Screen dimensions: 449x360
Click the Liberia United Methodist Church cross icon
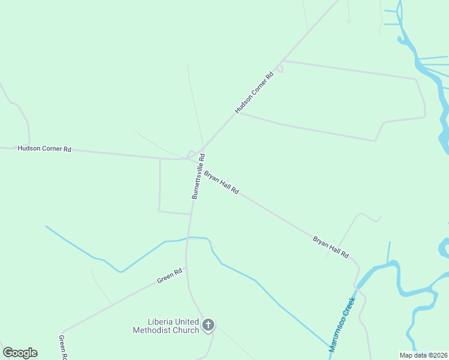[x=208, y=326]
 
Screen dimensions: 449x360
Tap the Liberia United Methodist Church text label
[x=165, y=326]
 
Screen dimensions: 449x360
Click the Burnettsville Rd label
[x=199, y=176]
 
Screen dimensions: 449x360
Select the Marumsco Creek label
[x=342, y=320]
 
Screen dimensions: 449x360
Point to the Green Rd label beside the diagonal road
[x=169, y=276]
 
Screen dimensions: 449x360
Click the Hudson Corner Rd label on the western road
[x=44, y=148]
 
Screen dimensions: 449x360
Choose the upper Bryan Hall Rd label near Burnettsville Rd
[x=221, y=182]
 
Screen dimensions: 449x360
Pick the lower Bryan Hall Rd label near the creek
[x=331, y=247]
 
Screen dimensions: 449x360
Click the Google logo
[x=20, y=353]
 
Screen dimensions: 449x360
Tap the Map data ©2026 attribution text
[x=424, y=355]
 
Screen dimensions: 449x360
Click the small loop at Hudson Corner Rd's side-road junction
[x=280, y=68]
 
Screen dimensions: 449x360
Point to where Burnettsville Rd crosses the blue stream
[x=189, y=238]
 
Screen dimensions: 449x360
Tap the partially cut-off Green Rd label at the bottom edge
[x=62, y=347]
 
